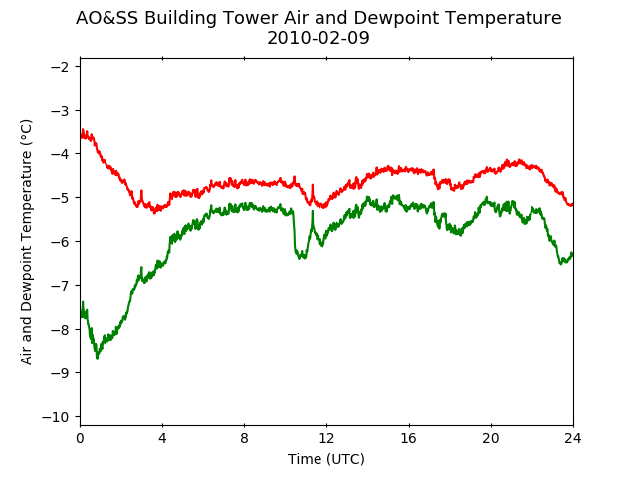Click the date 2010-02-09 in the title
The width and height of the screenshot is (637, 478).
click(318, 38)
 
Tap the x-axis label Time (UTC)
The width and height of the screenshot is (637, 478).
click(326, 459)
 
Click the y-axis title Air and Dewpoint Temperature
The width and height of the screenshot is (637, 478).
click(26, 242)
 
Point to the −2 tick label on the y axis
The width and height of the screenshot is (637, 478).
click(60, 67)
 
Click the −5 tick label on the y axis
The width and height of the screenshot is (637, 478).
click(60, 198)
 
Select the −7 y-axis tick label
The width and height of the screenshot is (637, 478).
click(60, 286)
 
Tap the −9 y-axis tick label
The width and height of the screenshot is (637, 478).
click(60, 373)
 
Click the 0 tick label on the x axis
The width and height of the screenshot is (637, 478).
click(80, 438)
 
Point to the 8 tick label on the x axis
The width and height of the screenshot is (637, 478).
click(244, 438)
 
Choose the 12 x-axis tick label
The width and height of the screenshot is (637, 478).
click(326, 438)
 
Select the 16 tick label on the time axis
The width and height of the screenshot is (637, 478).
click(409, 438)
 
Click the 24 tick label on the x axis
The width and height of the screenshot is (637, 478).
click(573, 438)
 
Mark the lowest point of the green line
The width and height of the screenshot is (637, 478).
click(97, 358)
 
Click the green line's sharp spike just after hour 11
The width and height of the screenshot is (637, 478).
click(313, 210)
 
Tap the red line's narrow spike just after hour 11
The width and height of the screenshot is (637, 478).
click(313, 185)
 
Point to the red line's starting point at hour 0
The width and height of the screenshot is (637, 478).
click(81, 137)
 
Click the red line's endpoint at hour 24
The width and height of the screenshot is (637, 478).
click(573, 204)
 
